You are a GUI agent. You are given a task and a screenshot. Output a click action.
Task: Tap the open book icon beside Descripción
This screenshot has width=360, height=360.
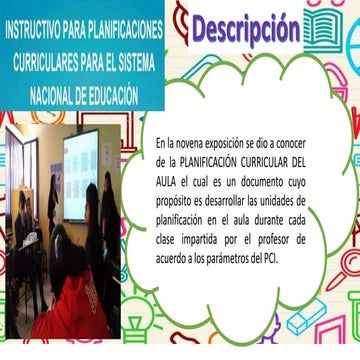(x=334, y=28)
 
